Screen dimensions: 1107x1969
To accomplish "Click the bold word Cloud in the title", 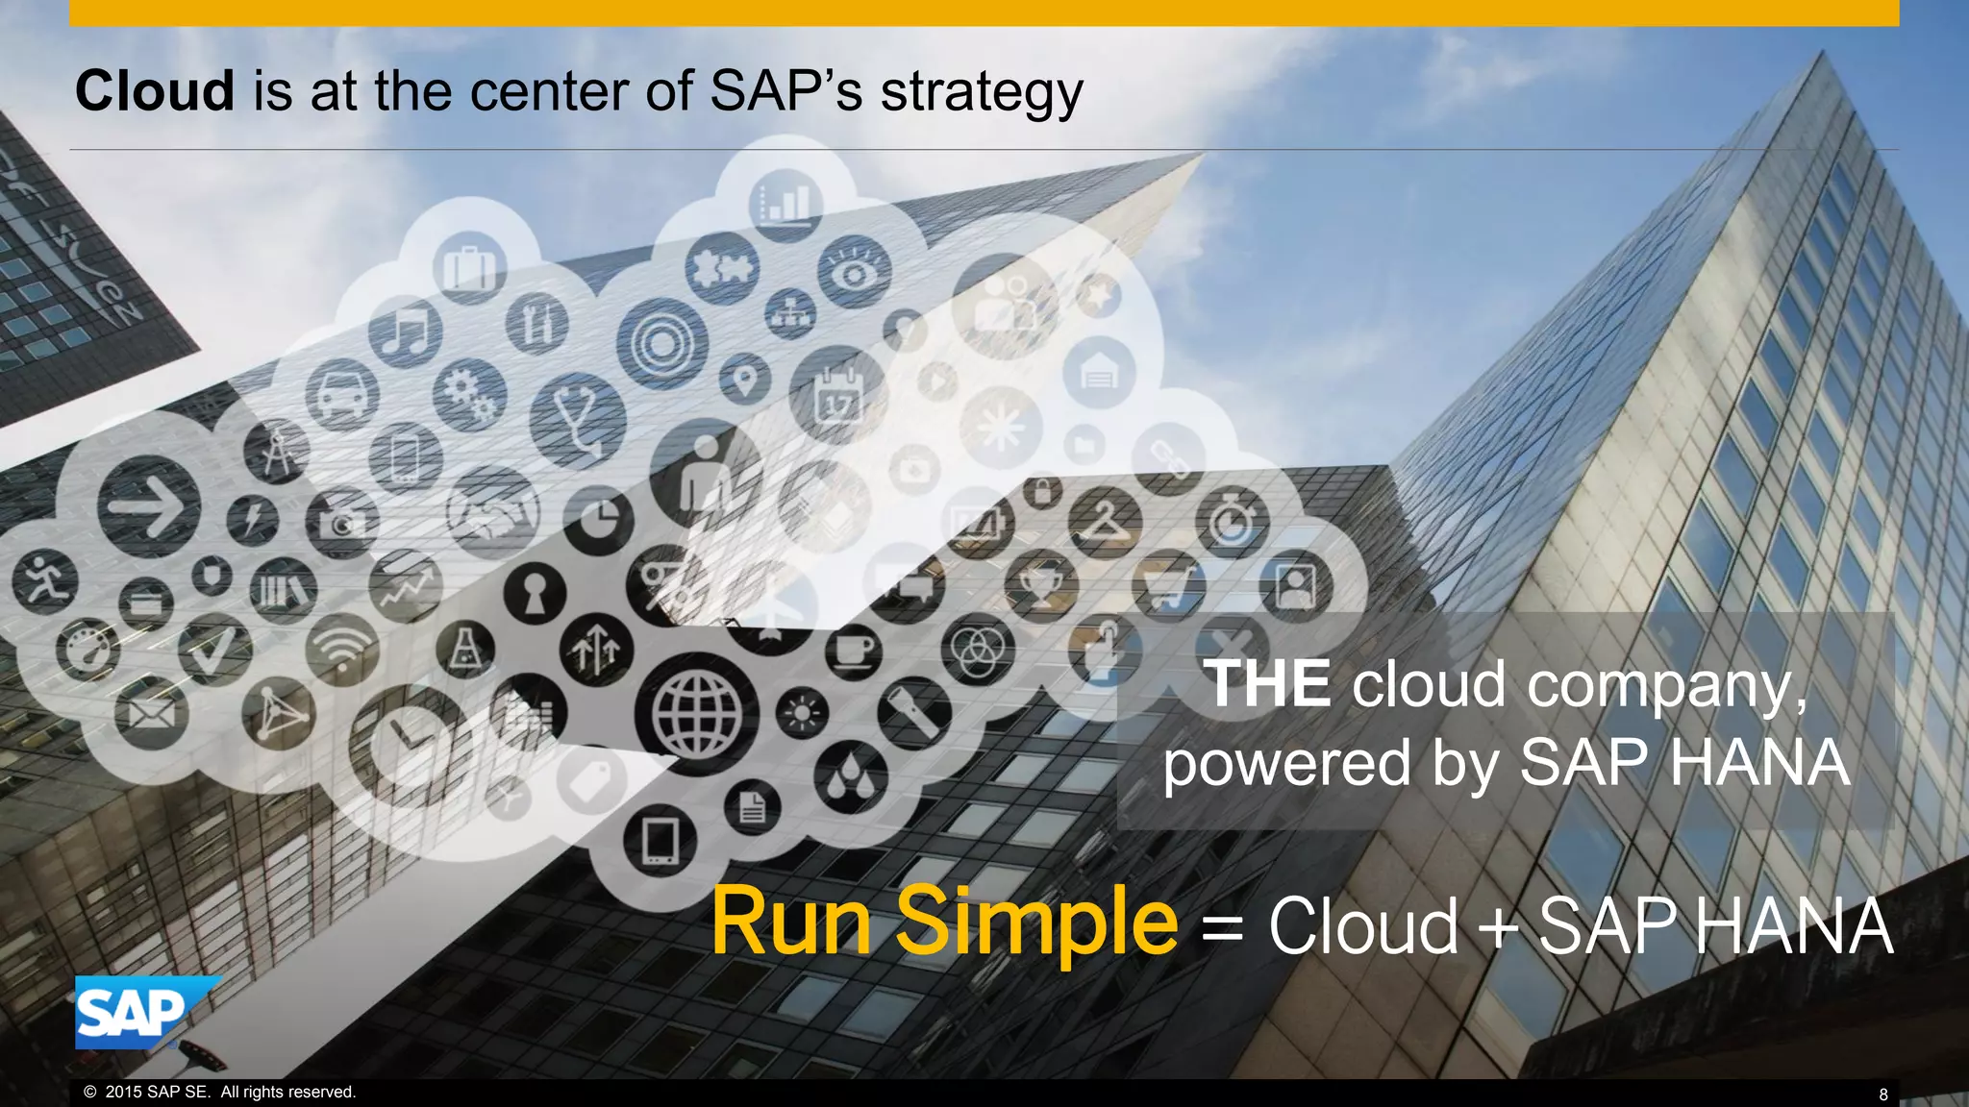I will [x=155, y=91].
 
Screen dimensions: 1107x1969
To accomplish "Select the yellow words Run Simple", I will [x=944, y=922].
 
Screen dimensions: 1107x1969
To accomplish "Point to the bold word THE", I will [x=1267, y=684].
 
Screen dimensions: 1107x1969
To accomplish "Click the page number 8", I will [x=1882, y=1094].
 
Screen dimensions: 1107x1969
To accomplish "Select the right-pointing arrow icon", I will [x=148, y=507].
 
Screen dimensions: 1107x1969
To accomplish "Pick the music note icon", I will [x=406, y=332].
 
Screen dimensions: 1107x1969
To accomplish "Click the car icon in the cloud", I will [x=341, y=394].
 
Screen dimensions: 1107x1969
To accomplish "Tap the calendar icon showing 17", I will [x=837, y=396].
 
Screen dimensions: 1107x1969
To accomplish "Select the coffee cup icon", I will [x=853, y=652].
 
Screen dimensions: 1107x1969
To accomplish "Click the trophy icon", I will [x=1040, y=582].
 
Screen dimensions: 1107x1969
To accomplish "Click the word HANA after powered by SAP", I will [x=1759, y=763].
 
